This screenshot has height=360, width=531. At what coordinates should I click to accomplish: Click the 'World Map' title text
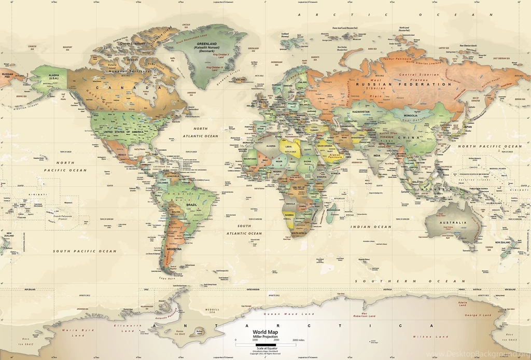click(265, 331)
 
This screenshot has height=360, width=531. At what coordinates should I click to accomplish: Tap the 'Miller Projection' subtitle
click(265, 337)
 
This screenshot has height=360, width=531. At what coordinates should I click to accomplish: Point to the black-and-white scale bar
click(265, 344)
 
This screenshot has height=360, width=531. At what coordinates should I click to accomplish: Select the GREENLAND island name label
click(206, 44)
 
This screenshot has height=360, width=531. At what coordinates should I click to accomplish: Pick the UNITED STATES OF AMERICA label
click(123, 132)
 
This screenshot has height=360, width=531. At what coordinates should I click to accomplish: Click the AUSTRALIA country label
click(453, 223)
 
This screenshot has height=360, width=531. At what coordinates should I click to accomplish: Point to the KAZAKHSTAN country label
click(361, 112)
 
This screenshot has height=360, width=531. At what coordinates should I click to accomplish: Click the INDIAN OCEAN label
click(371, 227)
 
